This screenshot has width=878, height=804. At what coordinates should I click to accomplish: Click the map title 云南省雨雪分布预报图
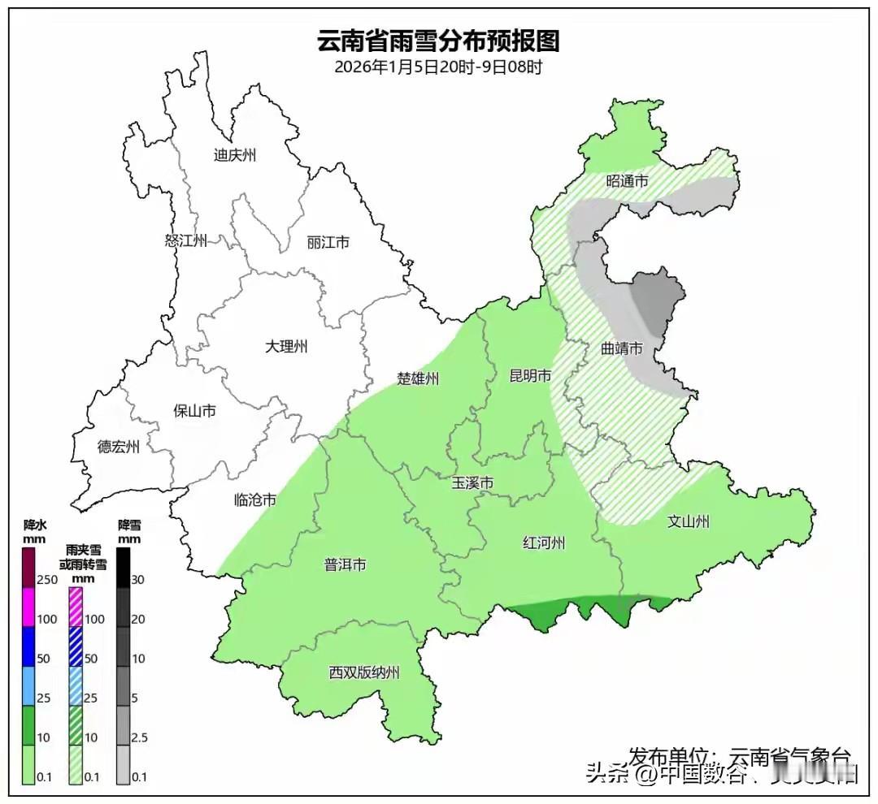tap(438, 40)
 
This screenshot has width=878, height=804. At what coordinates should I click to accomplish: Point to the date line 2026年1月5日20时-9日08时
tap(438, 67)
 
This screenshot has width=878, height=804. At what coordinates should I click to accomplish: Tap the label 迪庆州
tap(234, 155)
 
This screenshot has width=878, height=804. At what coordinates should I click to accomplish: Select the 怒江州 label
tap(186, 240)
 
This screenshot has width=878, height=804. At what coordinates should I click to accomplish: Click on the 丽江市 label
tap(328, 242)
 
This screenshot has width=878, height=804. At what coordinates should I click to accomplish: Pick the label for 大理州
tap(286, 347)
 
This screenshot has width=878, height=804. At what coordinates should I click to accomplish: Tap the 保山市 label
tap(195, 411)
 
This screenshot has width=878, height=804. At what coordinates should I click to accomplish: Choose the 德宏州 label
tap(119, 447)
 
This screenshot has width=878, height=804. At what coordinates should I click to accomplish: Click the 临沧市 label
tap(254, 499)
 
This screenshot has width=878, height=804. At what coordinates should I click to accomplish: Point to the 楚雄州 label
tap(418, 378)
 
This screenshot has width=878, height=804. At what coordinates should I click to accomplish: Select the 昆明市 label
tap(530, 375)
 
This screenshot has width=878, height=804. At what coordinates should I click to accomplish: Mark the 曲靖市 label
tap(622, 348)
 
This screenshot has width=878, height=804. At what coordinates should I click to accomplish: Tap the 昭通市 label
tap(628, 181)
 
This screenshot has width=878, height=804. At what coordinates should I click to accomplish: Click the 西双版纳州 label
tap(364, 672)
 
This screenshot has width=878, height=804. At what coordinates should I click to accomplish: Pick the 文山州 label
tap(688, 521)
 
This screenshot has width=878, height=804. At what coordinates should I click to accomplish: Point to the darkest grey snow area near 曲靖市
tap(657, 298)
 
